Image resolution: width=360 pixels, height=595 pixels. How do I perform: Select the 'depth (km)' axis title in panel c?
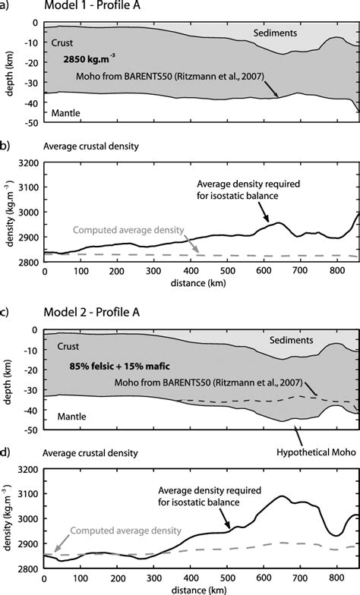click(8, 372)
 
